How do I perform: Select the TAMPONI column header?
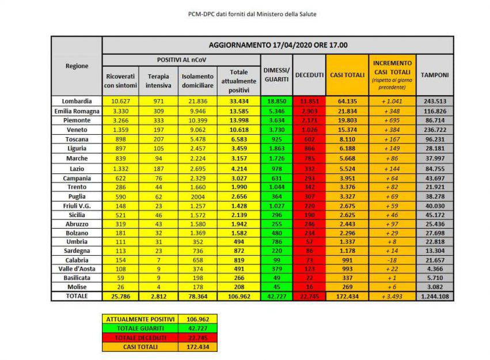435,75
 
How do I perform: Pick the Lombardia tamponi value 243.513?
435,101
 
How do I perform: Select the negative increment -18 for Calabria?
392,260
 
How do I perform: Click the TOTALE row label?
77,295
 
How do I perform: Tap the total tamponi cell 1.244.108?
435,296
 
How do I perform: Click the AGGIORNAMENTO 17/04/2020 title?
278,45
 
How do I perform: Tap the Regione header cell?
77,66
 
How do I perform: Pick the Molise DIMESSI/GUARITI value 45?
277,286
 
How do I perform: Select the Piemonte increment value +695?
392,120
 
